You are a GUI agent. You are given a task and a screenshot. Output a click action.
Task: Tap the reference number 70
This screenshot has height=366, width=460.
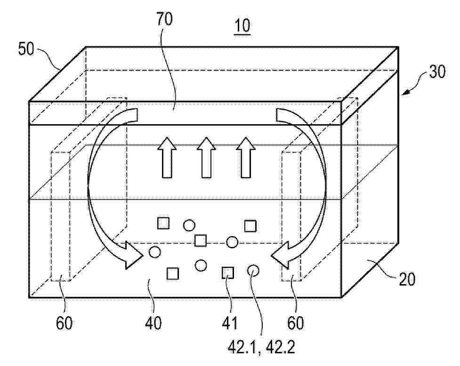coord(164,19)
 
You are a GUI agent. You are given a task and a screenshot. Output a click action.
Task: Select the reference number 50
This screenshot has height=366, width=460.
coord(26,48)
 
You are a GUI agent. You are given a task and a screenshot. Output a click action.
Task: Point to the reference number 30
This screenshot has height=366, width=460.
coord(437,72)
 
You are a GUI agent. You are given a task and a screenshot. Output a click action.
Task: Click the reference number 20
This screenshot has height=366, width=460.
coord(407,279)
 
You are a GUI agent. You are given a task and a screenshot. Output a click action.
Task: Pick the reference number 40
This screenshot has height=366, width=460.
coord(153,324)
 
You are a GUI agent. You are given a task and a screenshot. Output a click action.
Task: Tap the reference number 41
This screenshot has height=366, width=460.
coord(229,324)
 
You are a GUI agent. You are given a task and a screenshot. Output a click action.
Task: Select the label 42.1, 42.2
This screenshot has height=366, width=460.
coord(261,348)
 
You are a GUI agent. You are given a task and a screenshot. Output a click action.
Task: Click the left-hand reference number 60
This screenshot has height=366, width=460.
coord(64,324)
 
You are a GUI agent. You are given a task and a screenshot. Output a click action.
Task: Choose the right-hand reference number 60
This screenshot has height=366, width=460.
coord(295,324)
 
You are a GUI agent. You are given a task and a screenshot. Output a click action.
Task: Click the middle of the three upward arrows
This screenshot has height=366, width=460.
coord(207,157)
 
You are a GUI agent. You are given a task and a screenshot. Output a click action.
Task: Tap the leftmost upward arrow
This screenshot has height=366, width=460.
coord(167,157)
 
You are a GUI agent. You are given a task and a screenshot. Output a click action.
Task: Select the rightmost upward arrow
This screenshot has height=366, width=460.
coord(246,157)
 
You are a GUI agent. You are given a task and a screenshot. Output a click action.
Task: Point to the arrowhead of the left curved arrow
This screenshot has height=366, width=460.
coord(134,255)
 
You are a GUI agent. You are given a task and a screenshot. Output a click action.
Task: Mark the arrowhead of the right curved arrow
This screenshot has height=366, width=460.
coord(281,255)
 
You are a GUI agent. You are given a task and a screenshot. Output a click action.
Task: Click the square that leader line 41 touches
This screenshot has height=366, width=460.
coord(227,272)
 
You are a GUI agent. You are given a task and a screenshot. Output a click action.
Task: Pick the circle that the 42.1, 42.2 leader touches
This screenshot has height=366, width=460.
coord(253,271)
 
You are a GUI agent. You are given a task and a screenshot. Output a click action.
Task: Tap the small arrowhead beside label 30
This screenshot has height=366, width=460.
coord(406,93)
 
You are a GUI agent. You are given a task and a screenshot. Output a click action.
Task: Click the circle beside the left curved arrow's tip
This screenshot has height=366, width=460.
coord(155,252)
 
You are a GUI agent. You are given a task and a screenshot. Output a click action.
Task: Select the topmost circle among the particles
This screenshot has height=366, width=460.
coord(189,225)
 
